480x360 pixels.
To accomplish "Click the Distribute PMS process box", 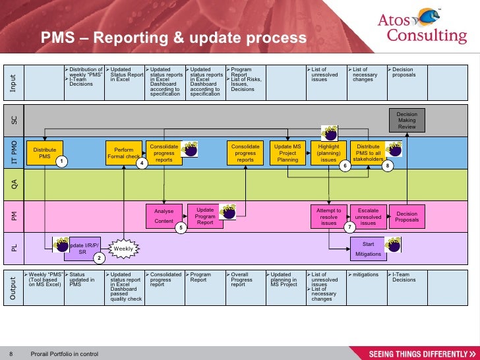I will (x=45, y=153).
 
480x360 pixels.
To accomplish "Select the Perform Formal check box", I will (x=123, y=153).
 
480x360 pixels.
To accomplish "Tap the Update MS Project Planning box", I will (x=287, y=153).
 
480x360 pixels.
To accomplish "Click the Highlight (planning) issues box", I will (x=328, y=153).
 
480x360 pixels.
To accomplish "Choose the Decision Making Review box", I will (x=407, y=120).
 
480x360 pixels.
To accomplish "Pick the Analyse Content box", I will (x=164, y=216).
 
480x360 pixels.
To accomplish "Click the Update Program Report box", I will (x=205, y=216).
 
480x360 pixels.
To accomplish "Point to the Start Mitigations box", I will (x=368, y=249).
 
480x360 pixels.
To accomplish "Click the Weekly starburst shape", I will (x=123, y=249).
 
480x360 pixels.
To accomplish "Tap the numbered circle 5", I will (x=181, y=227).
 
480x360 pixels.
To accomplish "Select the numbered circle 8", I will (x=388, y=167).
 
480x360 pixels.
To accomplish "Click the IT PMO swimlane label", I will (x=14, y=152).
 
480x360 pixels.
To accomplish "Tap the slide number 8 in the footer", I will (x=11, y=354).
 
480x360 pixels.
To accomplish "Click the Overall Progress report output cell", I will (x=245, y=280).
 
